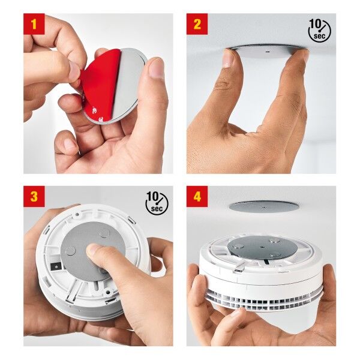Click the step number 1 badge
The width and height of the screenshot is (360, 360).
(34, 25)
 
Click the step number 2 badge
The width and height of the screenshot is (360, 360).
(197, 25)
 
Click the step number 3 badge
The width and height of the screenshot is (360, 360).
(34, 196)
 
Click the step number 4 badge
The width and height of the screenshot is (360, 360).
(197, 196)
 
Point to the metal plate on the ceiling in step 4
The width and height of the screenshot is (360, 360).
(264, 206)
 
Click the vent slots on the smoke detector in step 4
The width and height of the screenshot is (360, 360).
(264, 298)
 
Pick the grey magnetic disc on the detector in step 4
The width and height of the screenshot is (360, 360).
(255, 247)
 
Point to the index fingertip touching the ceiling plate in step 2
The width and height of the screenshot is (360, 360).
(227, 58)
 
